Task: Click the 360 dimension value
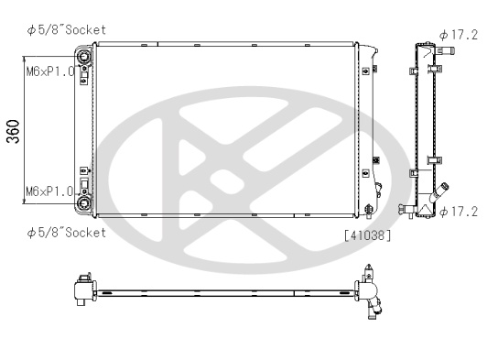point(13,131)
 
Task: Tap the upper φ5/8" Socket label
point(67,30)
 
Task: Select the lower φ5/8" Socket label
point(67,233)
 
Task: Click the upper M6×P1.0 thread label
point(50,71)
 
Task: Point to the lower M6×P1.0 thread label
point(49,191)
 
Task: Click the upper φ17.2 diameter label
point(459,35)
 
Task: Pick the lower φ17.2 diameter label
point(459,212)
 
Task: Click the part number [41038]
point(367,235)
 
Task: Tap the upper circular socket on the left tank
point(84,57)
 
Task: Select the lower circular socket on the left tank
point(84,203)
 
